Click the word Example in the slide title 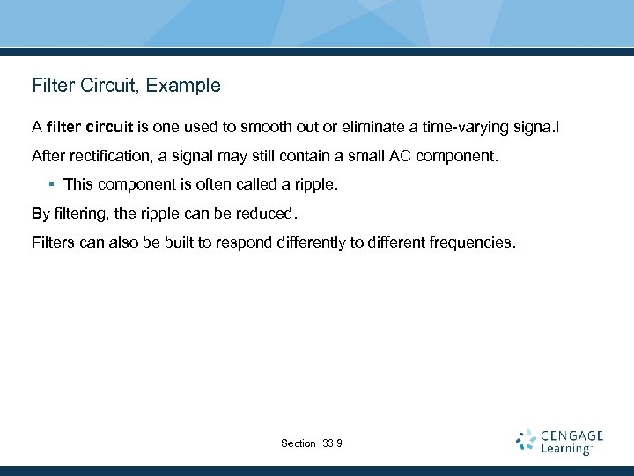[x=187, y=86]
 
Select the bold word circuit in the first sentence [x=109, y=128]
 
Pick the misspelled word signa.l [x=533, y=128]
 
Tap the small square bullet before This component [x=53, y=185]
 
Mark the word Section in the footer [x=298, y=443]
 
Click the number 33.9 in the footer [x=333, y=443]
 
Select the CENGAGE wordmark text [x=572, y=435]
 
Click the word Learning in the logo [x=566, y=450]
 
